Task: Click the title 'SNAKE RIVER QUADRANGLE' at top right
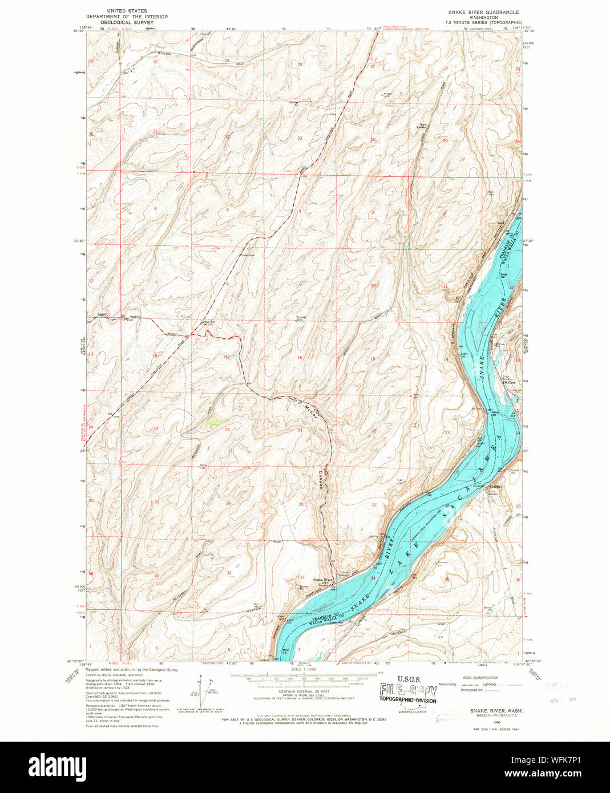(x=484, y=11)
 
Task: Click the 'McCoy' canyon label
(x=309, y=411)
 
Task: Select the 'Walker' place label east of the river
(x=510, y=382)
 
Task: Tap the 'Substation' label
(x=247, y=255)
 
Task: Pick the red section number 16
(x=299, y=358)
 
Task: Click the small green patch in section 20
(x=214, y=422)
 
